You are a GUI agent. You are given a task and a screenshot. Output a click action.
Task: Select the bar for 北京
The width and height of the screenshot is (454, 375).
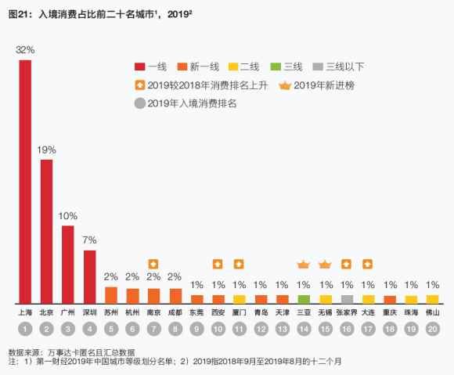point(46,231)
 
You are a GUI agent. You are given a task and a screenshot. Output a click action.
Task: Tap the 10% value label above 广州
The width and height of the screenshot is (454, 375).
point(68,215)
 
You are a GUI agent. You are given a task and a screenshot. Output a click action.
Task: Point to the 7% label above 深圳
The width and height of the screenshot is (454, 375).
point(89,240)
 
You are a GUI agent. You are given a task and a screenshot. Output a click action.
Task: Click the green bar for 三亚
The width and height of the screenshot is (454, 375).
point(304,299)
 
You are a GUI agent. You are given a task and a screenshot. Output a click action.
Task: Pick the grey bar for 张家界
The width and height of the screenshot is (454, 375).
point(348,299)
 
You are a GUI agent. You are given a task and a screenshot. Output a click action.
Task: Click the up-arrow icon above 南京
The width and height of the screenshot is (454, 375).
point(154,263)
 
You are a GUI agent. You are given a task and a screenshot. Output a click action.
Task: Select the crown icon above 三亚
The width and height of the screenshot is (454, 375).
point(304,264)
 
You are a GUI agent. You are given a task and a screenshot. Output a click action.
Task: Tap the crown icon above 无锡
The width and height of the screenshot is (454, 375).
point(326,264)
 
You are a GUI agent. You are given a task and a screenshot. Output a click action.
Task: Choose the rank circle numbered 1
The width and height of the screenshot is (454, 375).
point(25,329)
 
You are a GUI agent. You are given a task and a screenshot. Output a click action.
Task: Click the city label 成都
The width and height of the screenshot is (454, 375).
point(175,312)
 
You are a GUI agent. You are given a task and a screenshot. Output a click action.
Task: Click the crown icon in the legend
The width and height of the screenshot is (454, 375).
point(285,85)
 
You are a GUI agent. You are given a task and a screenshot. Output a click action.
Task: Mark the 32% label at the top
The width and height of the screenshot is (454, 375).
point(25,49)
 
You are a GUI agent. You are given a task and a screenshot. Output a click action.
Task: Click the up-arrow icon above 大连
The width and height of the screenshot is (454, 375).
point(369,263)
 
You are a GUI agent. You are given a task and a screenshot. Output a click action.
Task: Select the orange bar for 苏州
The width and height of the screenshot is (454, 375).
point(111,295)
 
